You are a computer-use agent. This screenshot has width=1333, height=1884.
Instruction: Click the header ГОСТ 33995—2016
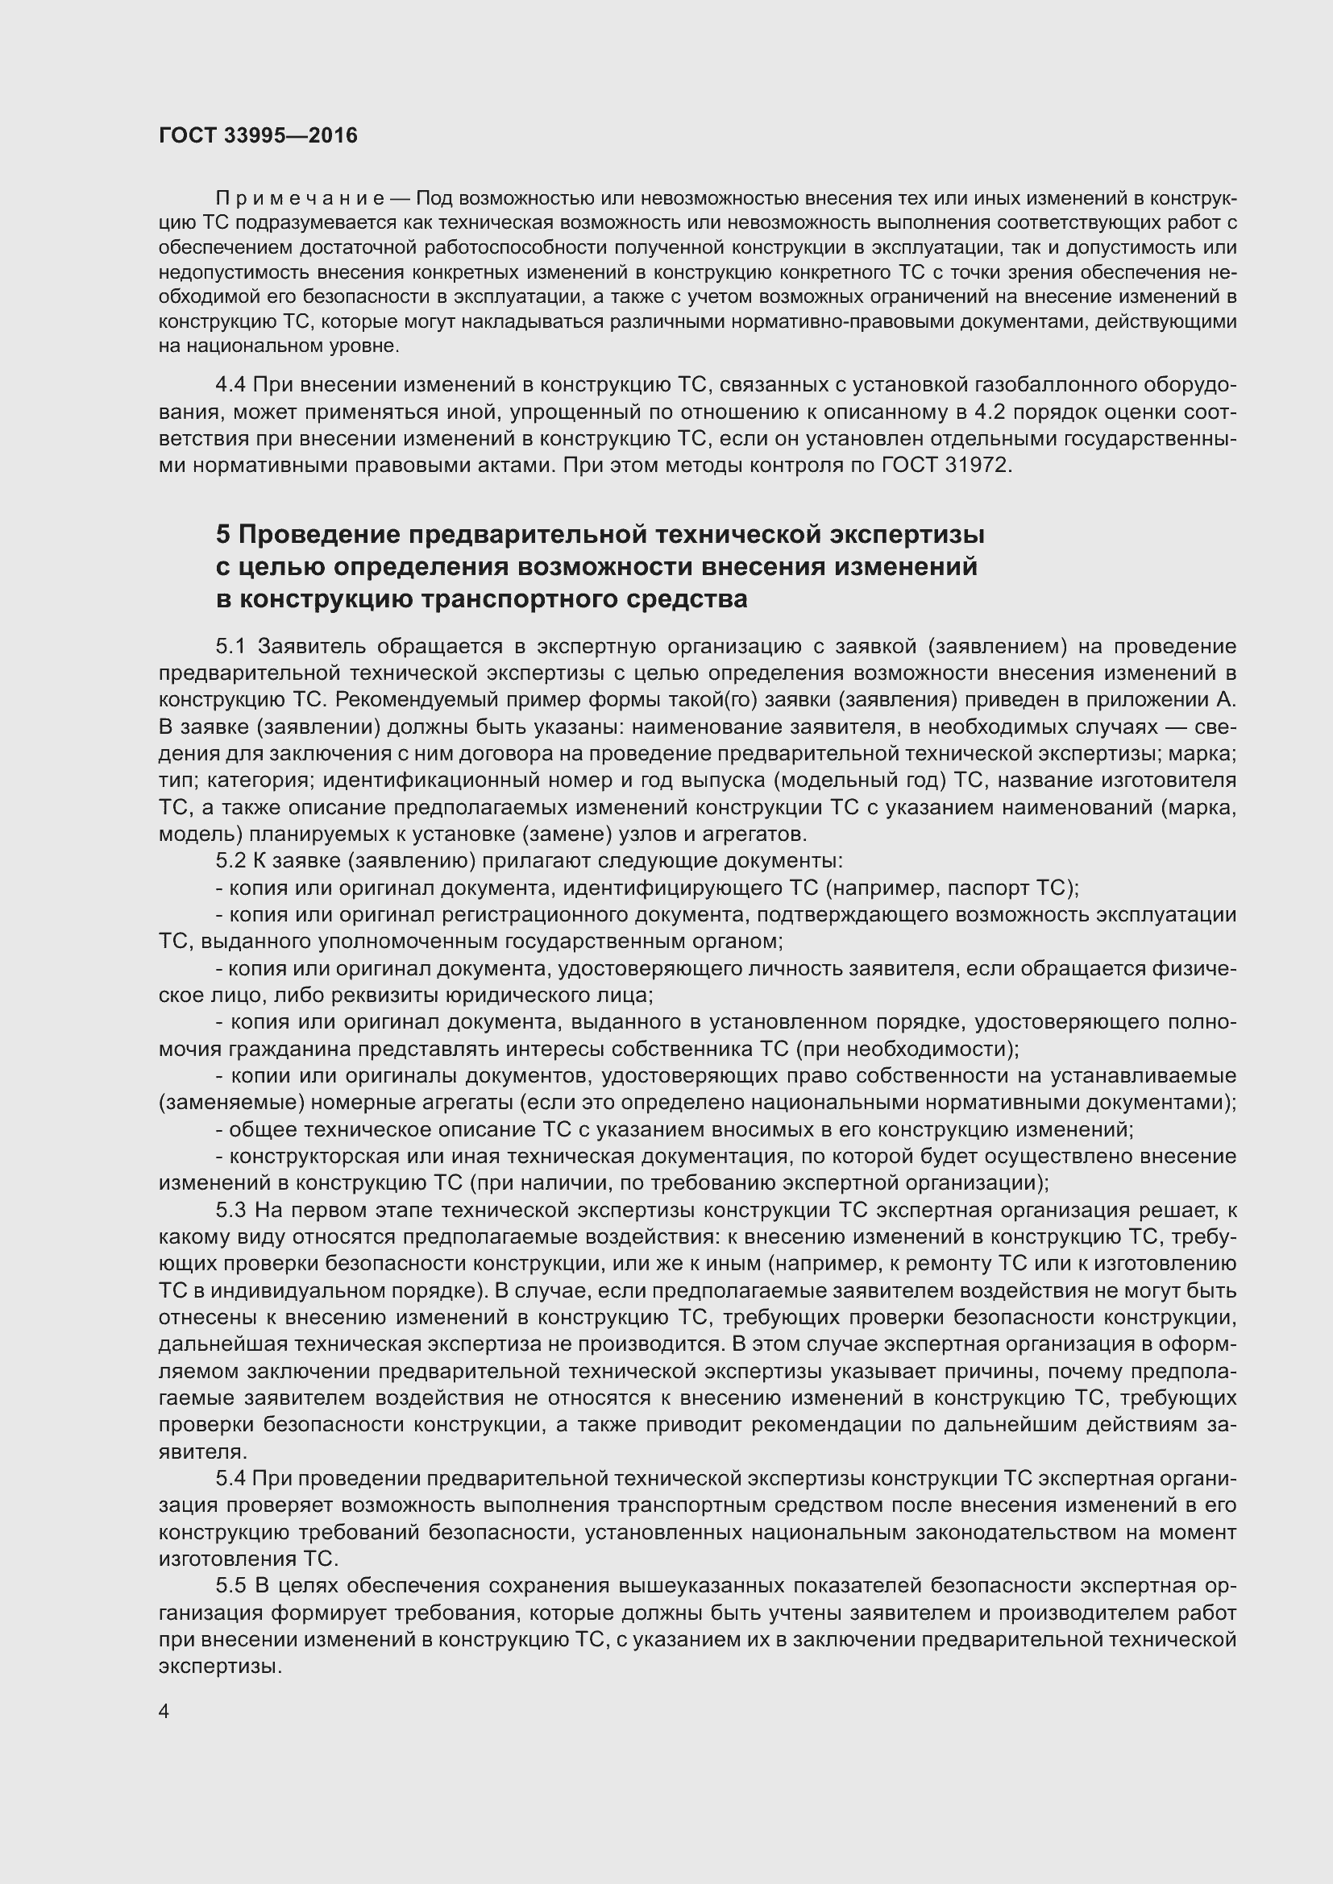(258, 135)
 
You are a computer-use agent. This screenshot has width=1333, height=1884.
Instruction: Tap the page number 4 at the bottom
(164, 1712)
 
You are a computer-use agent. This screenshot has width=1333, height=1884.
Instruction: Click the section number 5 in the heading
(223, 534)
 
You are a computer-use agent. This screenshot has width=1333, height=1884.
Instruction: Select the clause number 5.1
(232, 647)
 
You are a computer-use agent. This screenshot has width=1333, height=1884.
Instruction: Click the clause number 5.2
(232, 861)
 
